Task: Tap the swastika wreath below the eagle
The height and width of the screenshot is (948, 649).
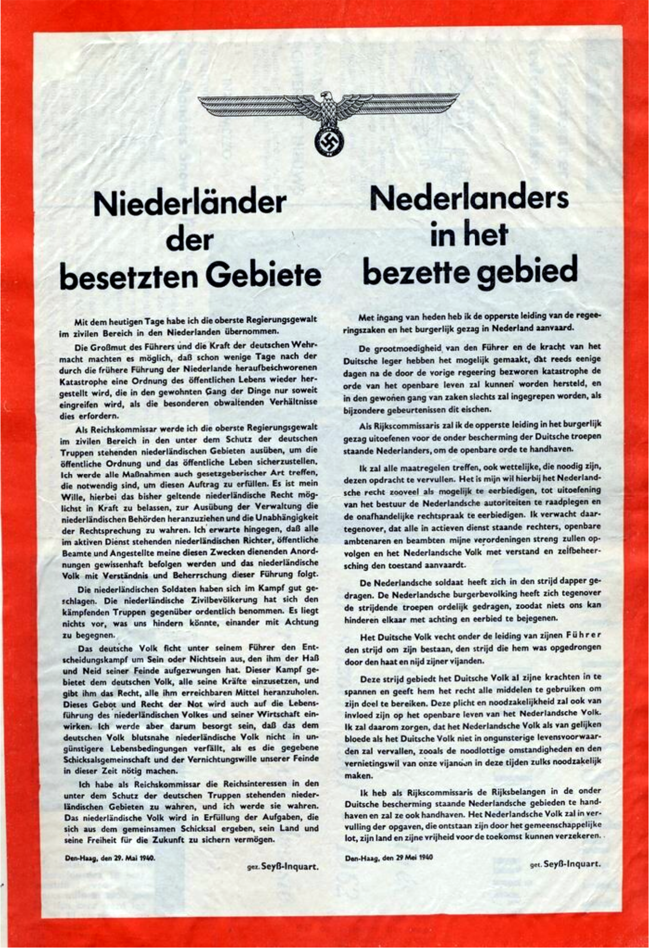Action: pos(328,142)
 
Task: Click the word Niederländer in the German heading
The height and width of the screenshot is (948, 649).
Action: pos(190,203)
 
